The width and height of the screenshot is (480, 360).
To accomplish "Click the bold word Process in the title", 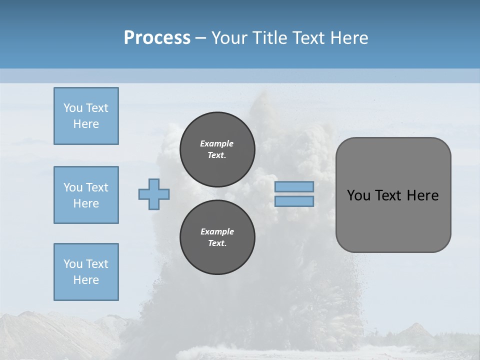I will tap(157, 38).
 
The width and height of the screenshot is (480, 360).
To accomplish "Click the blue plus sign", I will tap(154, 194).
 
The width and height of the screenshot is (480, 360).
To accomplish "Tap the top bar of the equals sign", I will tap(294, 187).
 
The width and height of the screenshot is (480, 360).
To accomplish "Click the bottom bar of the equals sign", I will tap(294, 201).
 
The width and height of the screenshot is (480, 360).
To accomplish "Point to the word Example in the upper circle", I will tap(216, 143).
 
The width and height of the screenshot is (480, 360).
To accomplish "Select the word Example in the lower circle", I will tap(217, 231).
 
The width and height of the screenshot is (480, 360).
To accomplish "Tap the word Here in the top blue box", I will tap(86, 124).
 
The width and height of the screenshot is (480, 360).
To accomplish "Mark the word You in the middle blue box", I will tap(72, 187).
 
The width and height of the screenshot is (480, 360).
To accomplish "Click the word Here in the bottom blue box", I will tap(86, 280).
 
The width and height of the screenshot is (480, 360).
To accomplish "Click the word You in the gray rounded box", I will tap(359, 195).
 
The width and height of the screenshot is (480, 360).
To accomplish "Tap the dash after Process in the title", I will tap(201, 38).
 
